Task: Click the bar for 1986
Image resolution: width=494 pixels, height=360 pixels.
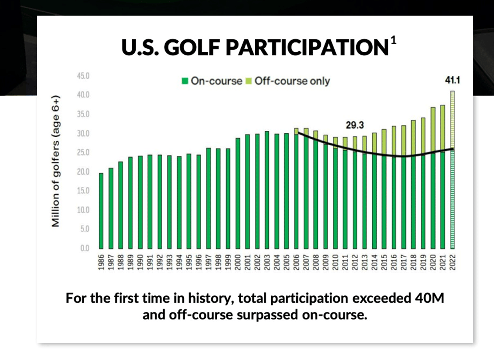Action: click(101, 210)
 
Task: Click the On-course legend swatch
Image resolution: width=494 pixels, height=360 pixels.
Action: click(185, 81)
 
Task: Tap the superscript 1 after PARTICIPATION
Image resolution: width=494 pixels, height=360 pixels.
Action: click(394, 41)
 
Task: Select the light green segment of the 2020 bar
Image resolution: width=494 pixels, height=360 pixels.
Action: click(433, 130)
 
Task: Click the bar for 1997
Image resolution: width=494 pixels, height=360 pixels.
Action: click(208, 198)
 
